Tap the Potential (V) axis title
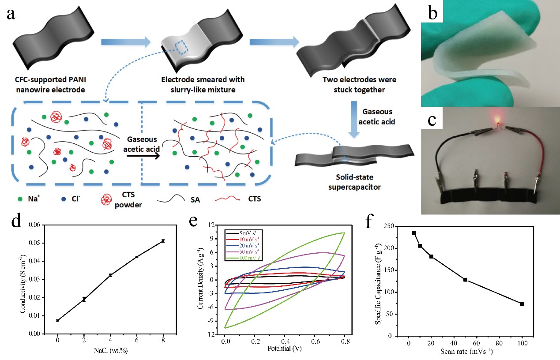click(x=284, y=349)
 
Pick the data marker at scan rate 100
click(x=522, y=304)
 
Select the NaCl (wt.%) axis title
click(x=110, y=351)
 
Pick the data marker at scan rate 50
click(x=465, y=280)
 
